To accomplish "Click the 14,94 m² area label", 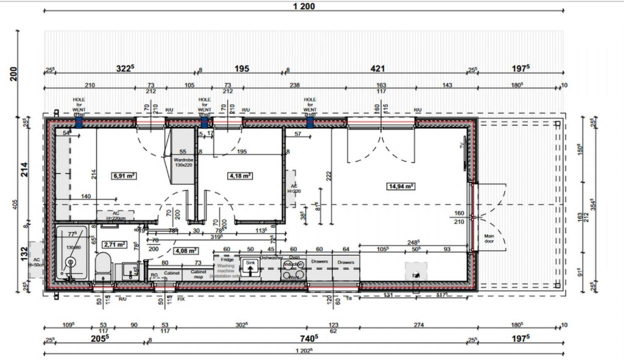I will tap(401, 186).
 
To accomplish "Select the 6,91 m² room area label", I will tap(124, 175).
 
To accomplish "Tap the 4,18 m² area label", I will tap(240, 175).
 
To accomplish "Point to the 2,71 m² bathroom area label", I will tap(114, 244).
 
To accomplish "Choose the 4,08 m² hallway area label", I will tap(186, 250).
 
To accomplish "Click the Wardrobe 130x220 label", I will tap(183, 162).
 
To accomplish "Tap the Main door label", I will tap(488, 238).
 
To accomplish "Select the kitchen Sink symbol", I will tap(250, 264).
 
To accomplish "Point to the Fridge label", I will tap(226, 260).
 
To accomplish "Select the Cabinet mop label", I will tap(198, 273).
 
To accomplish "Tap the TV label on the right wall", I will tap(462, 145).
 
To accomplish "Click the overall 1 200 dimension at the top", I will tap(304, 6).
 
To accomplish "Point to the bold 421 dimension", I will tap(377, 68).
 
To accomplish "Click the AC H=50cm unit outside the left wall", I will tap(36, 262).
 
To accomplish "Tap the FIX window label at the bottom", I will tap(180, 299).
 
